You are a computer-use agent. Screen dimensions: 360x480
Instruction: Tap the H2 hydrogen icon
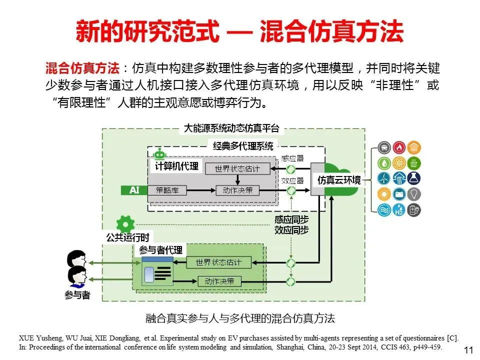pyautogui.click(x=399, y=210)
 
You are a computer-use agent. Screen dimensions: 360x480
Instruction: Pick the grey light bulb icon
pyautogui.click(x=414, y=194)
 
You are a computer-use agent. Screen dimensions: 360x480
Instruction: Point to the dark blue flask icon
pyautogui.click(x=414, y=178)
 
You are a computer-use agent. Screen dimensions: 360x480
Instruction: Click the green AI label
pyautogui.click(x=134, y=190)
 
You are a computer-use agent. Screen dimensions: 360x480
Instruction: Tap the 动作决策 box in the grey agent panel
pyautogui.click(x=234, y=190)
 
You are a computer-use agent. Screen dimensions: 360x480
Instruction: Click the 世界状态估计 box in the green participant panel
pyautogui.click(x=218, y=262)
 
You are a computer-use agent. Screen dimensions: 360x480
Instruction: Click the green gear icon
pyautogui.click(x=125, y=223)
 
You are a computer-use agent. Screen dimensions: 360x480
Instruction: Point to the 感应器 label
pyautogui.click(x=292, y=158)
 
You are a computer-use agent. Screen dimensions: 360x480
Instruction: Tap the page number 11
pyautogui.click(x=468, y=349)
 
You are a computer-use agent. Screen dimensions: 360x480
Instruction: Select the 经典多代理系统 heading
pyautogui.click(x=243, y=146)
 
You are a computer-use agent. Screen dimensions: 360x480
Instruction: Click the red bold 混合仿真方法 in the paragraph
pyautogui.click(x=82, y=68)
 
